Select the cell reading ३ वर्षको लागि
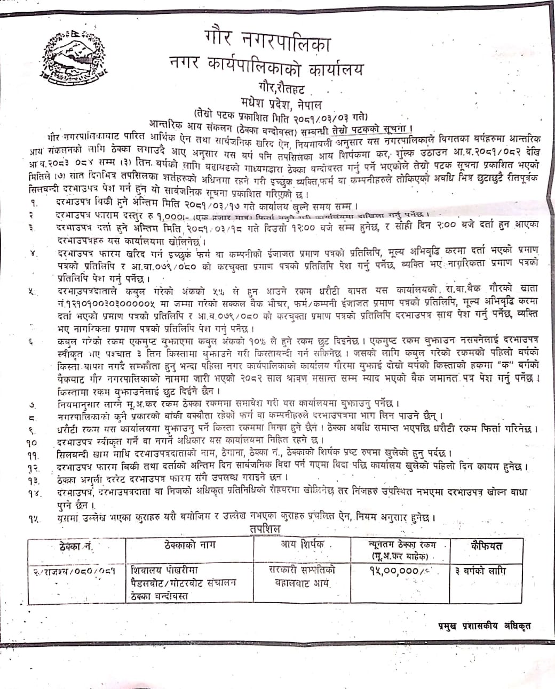click(480, 571)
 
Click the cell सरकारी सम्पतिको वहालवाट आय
click(302, 576)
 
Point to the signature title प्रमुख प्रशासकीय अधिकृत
click(481, 626)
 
